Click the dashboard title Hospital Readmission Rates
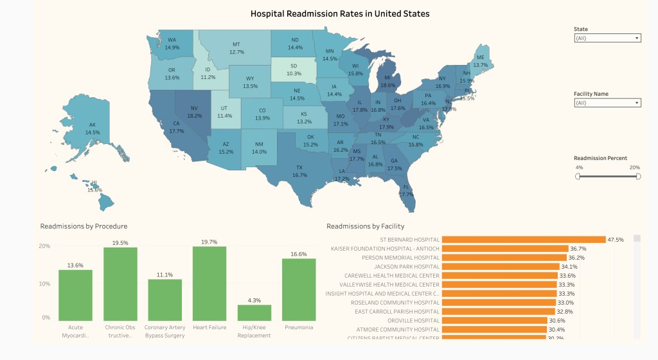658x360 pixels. pyautogui.click(x=340, y=14)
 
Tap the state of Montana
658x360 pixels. pyautogui.click(x=236, y=48)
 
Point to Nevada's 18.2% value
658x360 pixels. pyautogui.click(x=194, y=116)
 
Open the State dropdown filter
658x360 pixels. pyautogui.click(x=607, y=38)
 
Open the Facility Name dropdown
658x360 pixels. pyautogui.click(x=607, y=103)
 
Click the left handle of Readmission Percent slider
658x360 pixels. pyautogui.click(x=578, y=176)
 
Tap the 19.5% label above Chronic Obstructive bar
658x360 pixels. pyautogui.click(x=120, y=243)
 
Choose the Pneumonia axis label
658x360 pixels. pyautogui.click(x=299, y=327)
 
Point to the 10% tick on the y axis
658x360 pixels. pyautogui.click(x=45, y=283)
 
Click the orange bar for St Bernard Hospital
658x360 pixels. pyautogui.click(x=524, y=240)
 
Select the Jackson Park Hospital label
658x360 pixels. pyautogui.click(x=407, y=267)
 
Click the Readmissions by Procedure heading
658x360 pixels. pyautogui.click(x=84, y=226)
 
